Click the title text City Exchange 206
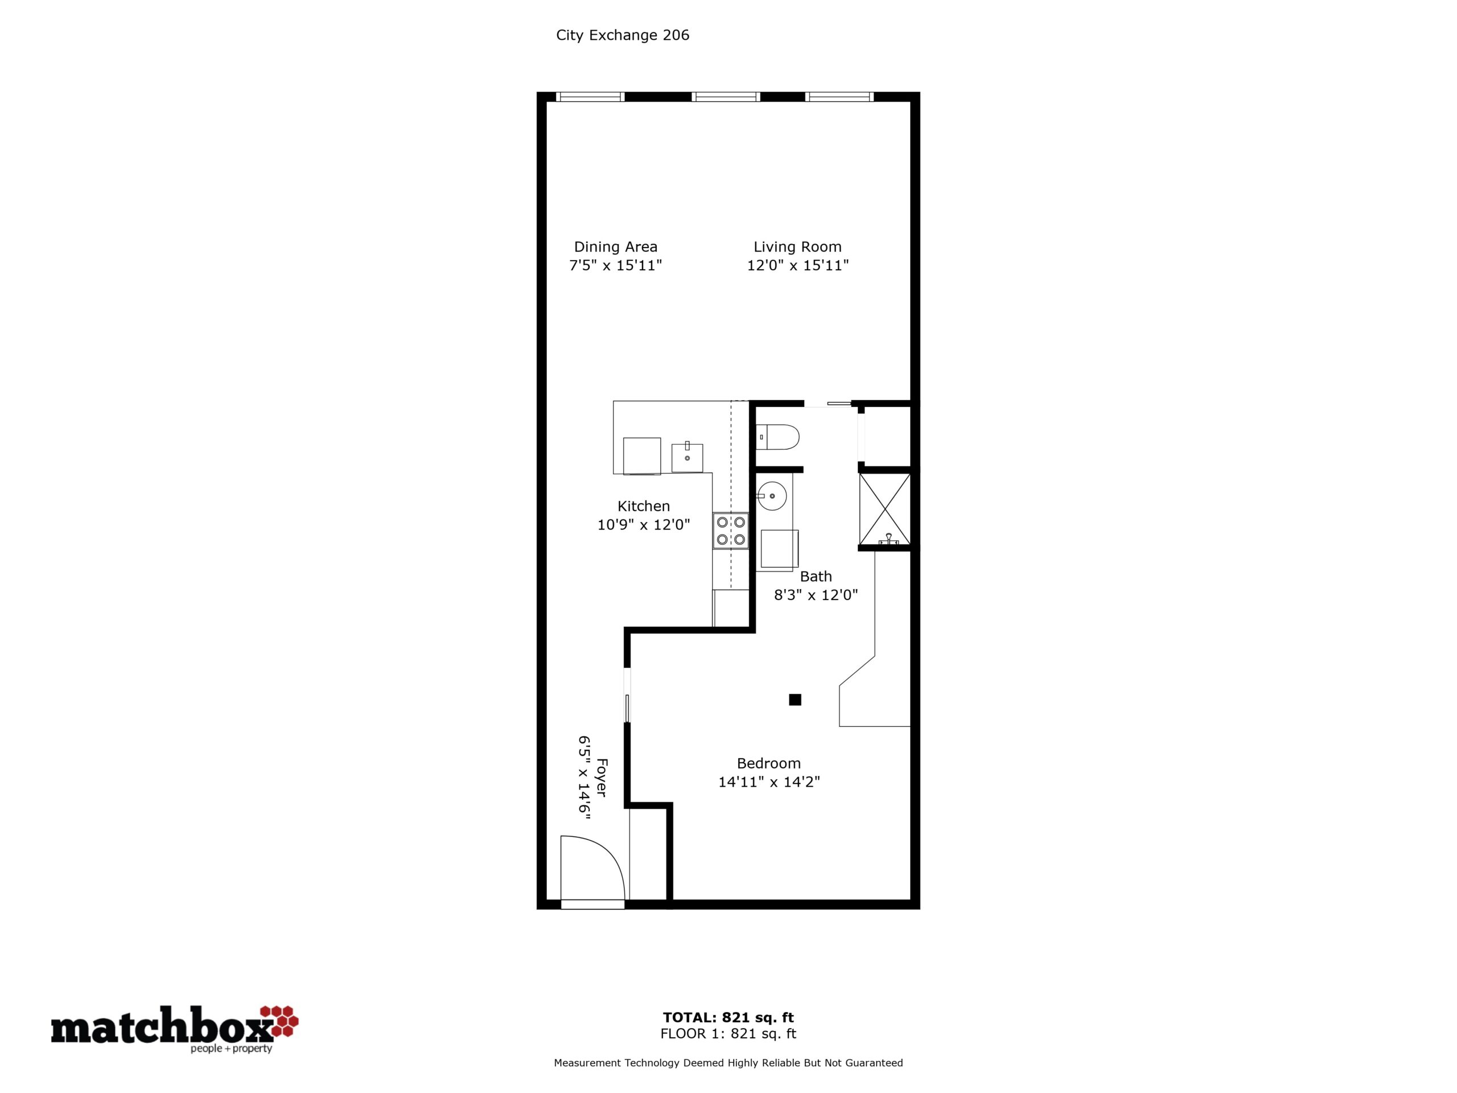click(623, 35)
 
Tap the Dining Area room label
click(615, 247)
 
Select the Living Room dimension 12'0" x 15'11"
click(798, 265)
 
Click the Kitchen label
click(644, 506)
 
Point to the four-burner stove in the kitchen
click(730, 531)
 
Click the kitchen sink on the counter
click(687, 457)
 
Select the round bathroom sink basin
click(771, 496)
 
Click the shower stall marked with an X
click(884, 509)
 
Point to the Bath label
click(816, 577)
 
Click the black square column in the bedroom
click(795, 700)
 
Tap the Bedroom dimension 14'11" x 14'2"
click(769, 782)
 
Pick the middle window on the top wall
click(726, 97)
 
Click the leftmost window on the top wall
click(590, 97)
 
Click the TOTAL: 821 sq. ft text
click(728, 1017)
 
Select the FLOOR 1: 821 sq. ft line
click(728, 1034)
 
